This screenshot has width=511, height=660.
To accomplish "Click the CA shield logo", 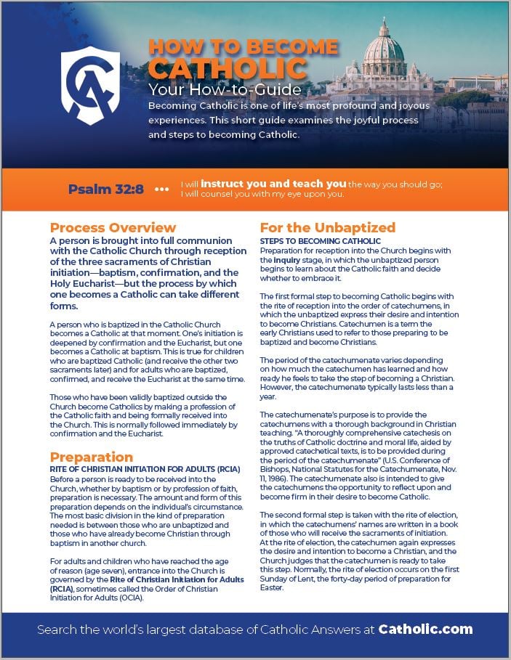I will tap(91, 86).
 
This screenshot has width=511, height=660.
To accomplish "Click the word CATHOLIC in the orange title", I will tap(227, 69).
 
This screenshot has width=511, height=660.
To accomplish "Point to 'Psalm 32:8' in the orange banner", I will tap(106, 190).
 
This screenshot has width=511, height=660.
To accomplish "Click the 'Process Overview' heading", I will tap(113, 227).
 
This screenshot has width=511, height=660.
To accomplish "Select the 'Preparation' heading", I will tap(92, 457).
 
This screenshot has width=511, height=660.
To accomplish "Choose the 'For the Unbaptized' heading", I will tap(328, 227).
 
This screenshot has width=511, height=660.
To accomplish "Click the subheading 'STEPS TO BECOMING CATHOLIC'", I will tap(321, 240).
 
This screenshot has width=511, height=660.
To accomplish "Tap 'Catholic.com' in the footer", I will tap(430, 629).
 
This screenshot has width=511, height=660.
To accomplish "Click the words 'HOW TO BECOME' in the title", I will tap(243, 47).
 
